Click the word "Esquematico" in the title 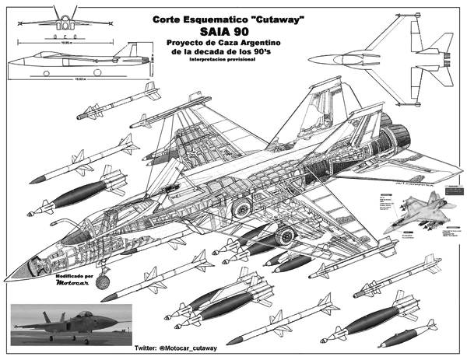207,17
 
